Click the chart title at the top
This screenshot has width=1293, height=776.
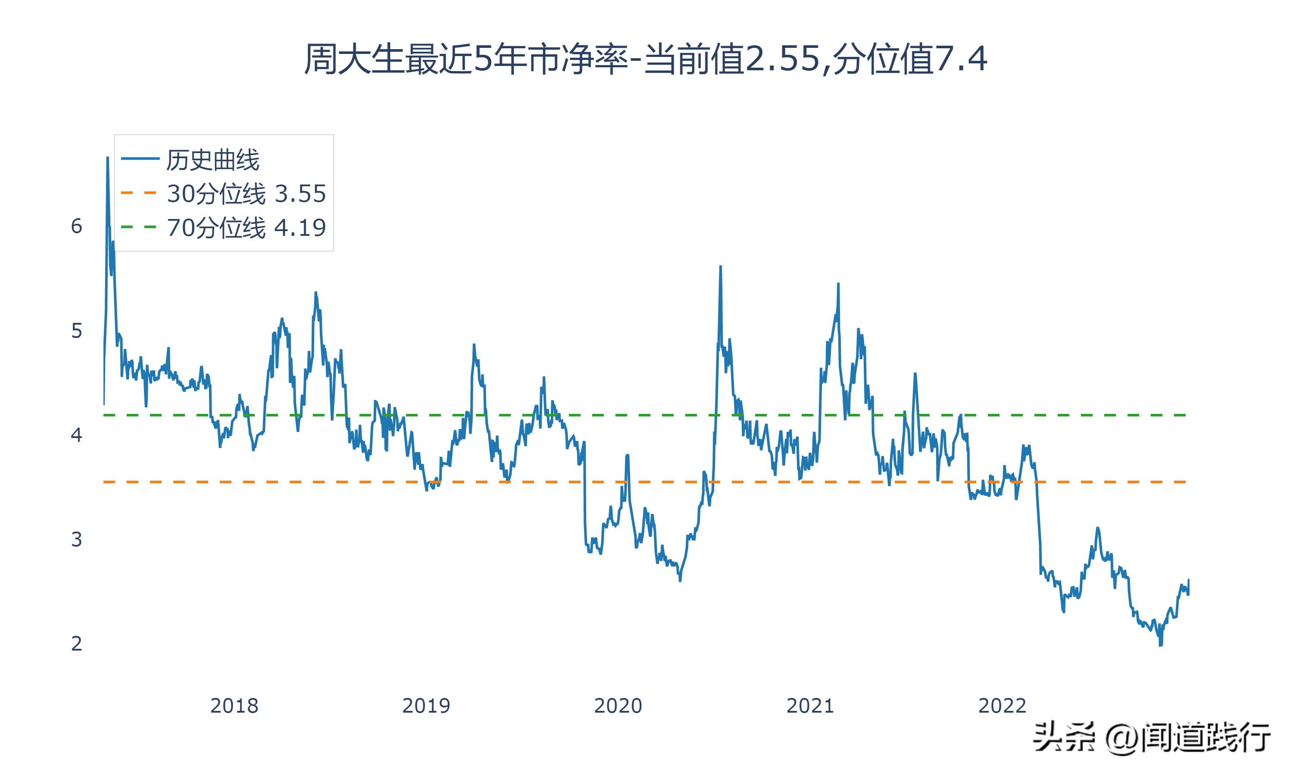(x=646, y=59)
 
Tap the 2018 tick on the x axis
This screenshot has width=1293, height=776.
(x=234, y=706)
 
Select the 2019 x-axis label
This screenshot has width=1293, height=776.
(x=426, y=706)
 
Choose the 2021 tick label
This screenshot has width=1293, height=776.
(x=810, y=706)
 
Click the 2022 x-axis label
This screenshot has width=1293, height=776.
(x=1002, y=706)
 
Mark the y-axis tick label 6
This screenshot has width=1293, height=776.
(x=77, y=226)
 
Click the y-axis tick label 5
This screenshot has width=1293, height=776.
(x=77, y=331)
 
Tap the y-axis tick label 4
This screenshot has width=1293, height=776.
(x=77, y=435)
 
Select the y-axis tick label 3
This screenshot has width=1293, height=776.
(x=77, y=539)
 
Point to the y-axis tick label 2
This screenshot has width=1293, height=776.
(x=77, y=644)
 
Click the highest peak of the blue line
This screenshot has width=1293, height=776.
(x=108, y=157)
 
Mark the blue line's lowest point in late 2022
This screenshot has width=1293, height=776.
(x=1161, y=646)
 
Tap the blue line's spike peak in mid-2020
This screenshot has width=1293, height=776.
(x=721, y=267)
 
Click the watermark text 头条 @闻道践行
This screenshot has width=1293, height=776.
(x=1151, y=738)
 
